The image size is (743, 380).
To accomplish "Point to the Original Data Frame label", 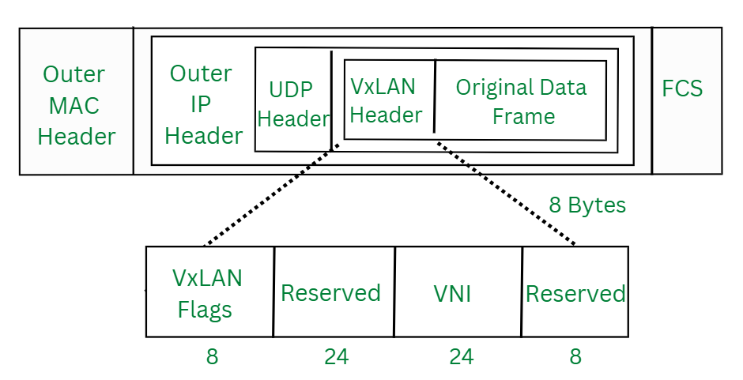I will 522,101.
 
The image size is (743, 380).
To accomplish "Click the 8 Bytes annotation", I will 587,205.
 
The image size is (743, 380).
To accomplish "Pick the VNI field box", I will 457,292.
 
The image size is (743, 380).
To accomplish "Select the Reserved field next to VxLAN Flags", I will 332,292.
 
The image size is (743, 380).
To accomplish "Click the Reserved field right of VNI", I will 575,292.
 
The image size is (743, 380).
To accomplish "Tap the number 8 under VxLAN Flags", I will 212,356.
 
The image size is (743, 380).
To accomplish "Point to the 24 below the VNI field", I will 461,356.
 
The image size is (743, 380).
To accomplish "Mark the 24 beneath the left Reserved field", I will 336,356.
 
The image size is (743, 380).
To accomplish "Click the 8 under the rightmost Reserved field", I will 575,356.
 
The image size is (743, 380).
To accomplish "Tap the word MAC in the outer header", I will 75,105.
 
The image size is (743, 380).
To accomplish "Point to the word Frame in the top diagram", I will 523,117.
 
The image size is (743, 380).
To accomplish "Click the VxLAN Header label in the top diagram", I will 384,100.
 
